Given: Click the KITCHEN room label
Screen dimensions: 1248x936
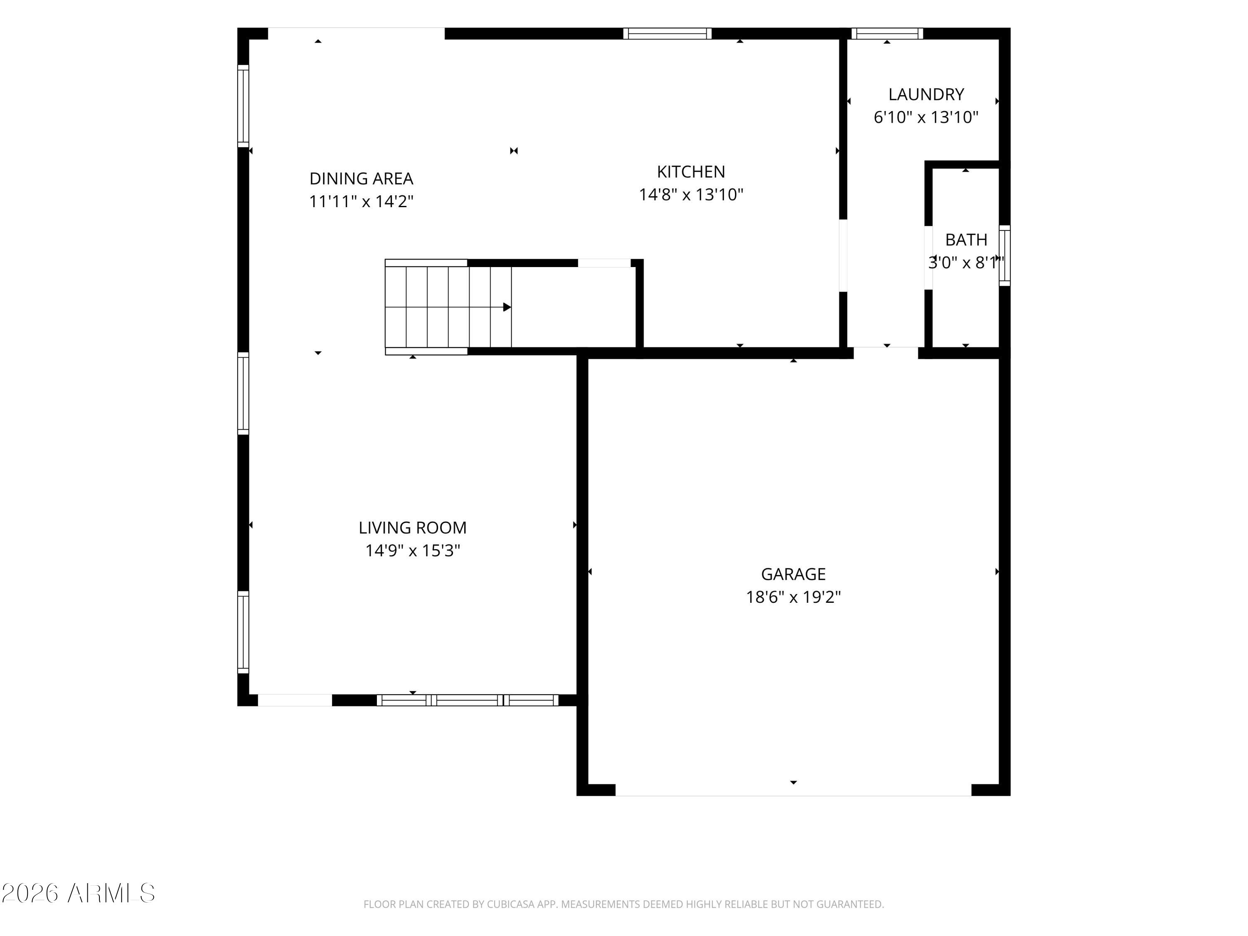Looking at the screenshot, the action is tap(691, 171).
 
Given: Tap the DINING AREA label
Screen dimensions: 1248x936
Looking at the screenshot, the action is tap(361, 179).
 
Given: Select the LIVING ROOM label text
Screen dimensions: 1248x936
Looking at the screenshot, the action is tap(412, 527).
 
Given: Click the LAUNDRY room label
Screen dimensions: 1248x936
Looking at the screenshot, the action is tap(926, 94).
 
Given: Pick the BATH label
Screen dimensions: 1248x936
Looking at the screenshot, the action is tap(966, 240).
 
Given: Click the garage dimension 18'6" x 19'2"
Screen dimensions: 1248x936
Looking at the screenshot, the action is tap(793, 597).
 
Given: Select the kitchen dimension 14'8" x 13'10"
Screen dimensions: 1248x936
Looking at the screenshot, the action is tap(691, 195).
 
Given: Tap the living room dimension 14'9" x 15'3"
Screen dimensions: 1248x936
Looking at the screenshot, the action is tap(412, 551).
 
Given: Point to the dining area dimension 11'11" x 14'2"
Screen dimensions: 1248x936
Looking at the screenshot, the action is tap(361, 201).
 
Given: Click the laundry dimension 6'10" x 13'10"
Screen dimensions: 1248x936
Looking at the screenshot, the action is tap(926, 117).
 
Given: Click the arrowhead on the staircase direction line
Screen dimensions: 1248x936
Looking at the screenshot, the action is tap(507, 307).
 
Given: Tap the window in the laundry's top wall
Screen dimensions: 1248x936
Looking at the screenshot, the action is tap(887, 33).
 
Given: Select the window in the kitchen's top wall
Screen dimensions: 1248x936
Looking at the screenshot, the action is tap(667, 33).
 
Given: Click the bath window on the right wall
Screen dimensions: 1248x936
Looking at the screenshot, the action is tap(1004, 255).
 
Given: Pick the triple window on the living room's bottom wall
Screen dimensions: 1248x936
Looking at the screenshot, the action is tap(468, 700).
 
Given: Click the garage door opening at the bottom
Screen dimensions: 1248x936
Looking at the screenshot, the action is tap(793, 790).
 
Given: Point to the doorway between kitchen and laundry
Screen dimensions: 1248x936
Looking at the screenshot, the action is tap(843, 255).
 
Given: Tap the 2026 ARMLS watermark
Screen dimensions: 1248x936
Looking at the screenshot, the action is tap(79, 893).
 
